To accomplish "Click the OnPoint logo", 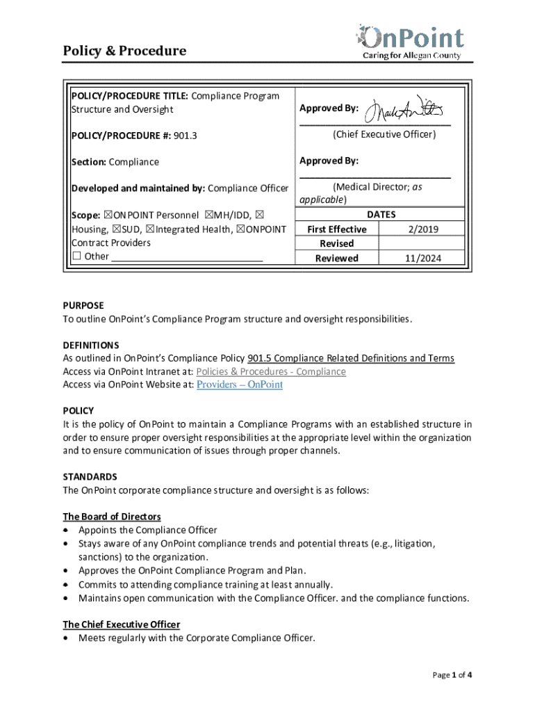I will (409, 40).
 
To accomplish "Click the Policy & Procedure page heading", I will (124, 51).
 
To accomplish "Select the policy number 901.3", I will (186, 136).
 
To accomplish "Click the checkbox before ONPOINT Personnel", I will (108, 216).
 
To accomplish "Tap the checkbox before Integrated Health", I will (150, 229).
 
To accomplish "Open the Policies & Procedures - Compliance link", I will (271, 371).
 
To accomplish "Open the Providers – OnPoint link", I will (240, 385).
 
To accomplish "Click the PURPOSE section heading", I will (83, 305).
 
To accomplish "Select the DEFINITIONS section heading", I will (91, 345).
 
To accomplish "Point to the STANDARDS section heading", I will (90, 477).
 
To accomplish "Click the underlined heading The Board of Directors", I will (112, 517).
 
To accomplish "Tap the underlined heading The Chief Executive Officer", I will (122, 624).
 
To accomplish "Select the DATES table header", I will (381, 215).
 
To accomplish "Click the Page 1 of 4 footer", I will (452, 675).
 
